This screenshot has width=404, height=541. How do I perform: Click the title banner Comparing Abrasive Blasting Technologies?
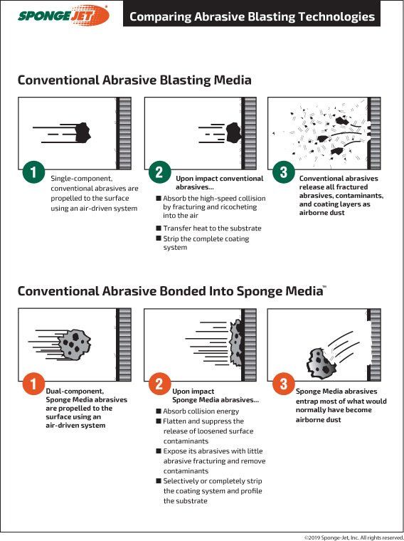[252, 16]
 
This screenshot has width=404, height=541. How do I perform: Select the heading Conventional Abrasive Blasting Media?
[134, 80]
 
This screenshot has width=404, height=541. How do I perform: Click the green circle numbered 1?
[33, 172]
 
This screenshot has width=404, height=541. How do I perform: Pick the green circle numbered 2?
[159, 172]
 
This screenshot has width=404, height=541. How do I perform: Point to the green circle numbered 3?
[283, 172]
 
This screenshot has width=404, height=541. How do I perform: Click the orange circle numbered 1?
[33, 384]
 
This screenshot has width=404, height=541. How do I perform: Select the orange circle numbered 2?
[159, 385]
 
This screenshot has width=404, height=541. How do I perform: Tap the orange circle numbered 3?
[283, 384]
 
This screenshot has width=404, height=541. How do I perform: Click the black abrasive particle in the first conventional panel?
[83, 130]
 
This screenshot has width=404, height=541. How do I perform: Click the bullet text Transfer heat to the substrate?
[212, 229]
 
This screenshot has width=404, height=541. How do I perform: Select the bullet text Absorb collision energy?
[201, 411]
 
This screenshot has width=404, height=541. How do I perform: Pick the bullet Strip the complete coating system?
[206, 243]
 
